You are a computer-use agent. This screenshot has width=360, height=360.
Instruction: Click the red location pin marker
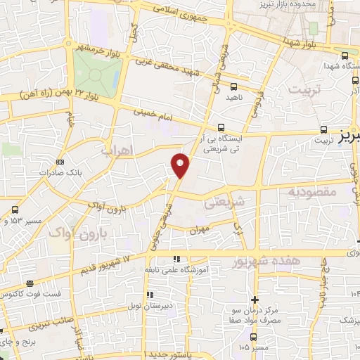click(181, 164)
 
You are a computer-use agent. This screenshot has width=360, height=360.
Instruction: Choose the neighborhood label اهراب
click(117, 150)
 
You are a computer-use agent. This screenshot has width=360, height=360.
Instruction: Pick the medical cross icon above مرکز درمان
click(255, 300)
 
